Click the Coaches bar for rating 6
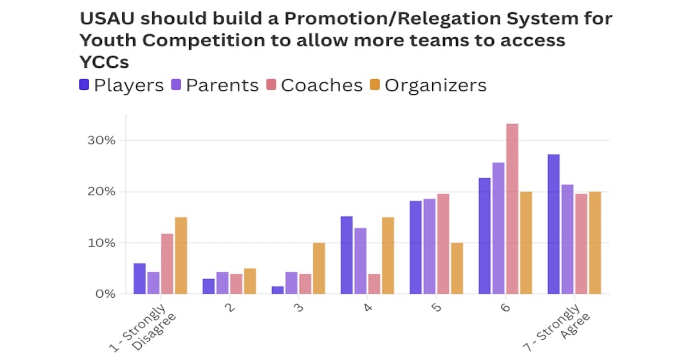[x=512, y=209]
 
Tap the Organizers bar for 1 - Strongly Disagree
[x=181, y=255]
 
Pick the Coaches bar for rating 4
[x=374, y=284]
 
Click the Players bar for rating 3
[x=277, y=290]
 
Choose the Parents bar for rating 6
[x=498, y=229]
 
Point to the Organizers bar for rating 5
[x=457, y=269]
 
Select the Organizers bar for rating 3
[x=319, y=269]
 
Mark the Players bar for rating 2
[x=209, y=286]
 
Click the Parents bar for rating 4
[x=360, y=261]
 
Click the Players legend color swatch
[x=84, y=85]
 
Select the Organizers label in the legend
[x=436, y=85]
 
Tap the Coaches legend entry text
[x=322, y=85]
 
